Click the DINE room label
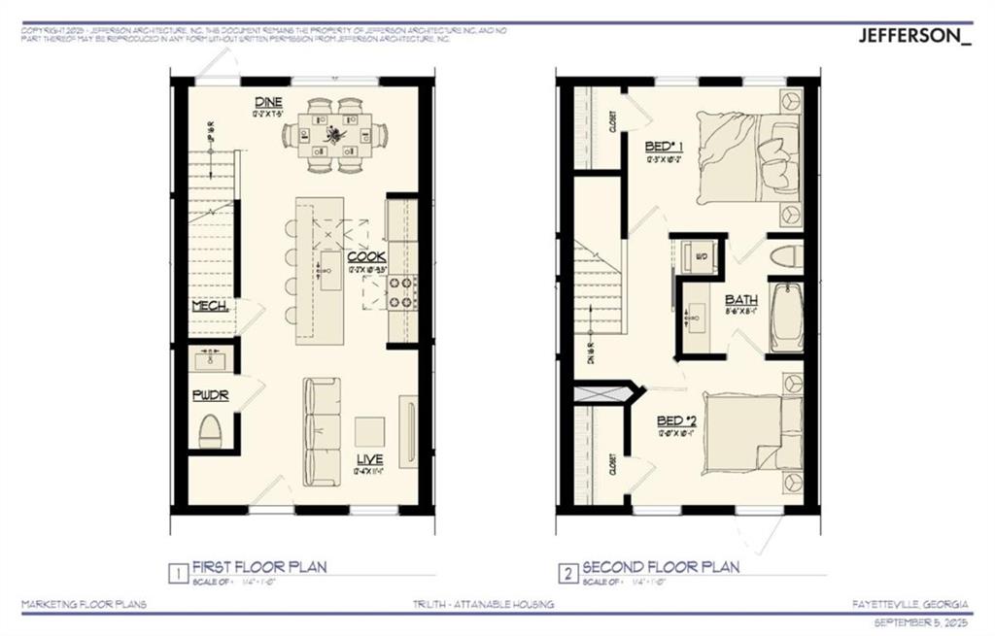pos(269,102)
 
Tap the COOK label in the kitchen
pos(367,256)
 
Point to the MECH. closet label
pos(210,305)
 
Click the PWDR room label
pos(210,395)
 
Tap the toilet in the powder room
pos(211,430)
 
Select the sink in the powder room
pos(211,361)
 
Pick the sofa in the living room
pos(322,431)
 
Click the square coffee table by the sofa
pos(368,430)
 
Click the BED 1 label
pos(664,148)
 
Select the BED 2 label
pos(676,420)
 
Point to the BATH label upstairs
pos(741,300)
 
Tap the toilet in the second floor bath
pos(785,256)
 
